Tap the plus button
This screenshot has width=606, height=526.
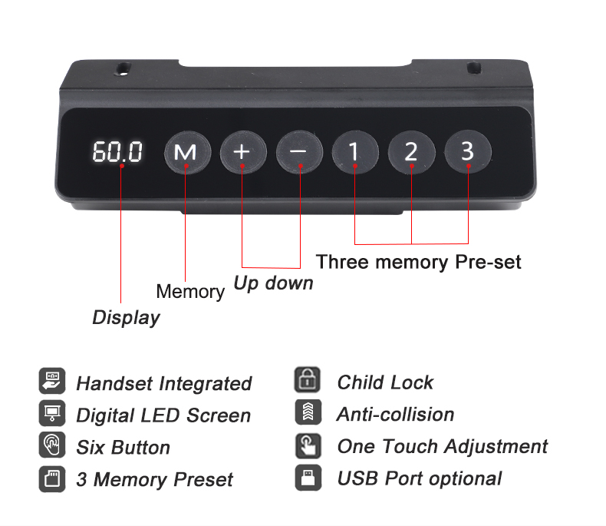243,151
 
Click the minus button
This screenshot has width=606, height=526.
299,151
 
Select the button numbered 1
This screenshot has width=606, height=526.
355,151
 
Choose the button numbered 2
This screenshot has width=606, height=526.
412,151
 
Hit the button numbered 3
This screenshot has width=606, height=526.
468,151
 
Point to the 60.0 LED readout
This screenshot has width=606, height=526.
117,151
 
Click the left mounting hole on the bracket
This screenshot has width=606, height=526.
124,68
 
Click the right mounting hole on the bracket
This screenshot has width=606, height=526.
474,68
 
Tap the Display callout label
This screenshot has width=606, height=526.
126,318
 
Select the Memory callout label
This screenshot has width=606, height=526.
190,292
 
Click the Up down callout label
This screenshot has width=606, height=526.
274,283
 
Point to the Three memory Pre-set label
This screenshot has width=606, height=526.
419,262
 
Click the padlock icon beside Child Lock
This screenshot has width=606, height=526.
308,379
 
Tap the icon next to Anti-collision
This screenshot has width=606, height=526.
308,412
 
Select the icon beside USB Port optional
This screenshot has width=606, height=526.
308,478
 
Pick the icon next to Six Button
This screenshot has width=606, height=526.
52,445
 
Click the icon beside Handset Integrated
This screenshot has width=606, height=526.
52,381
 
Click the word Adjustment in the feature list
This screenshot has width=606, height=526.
496,448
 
